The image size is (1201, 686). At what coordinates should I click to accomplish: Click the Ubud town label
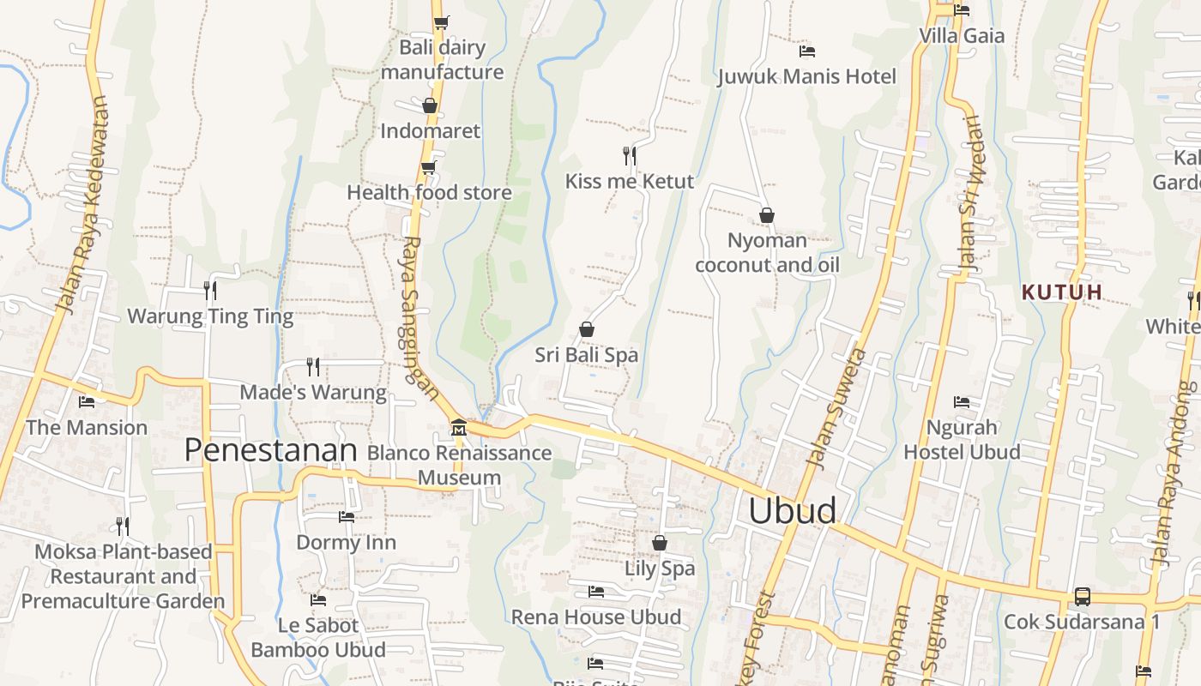[x=792, y=510]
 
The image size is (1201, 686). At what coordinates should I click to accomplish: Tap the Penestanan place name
[x=270, y=449]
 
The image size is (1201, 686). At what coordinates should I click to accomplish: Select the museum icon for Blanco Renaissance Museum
[x=459, y=427]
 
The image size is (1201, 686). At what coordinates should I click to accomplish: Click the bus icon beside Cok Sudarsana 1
[x=1083, y=596]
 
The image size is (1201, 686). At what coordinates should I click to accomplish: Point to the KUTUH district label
[x=1062, y=292]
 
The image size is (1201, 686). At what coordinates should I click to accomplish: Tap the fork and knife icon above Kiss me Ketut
[x=630, y=155]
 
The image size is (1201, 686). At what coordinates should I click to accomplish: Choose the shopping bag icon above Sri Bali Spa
[x=587, y=329]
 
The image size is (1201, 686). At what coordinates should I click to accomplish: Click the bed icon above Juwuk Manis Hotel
[x=806, y=51]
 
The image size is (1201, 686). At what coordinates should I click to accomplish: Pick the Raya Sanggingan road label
[x=420, y=317]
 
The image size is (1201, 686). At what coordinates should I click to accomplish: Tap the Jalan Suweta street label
[x=836, y=407]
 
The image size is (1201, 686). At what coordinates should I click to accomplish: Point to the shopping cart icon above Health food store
[x=429, y=167]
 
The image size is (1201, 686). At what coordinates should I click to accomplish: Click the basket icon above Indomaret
[x=430, y=105]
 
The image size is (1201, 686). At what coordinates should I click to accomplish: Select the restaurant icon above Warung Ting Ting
[x=210, y=291]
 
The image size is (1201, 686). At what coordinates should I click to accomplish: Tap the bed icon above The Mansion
[x=87, y=401]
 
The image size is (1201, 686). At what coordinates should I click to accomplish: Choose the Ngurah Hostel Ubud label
[x=962, y=439]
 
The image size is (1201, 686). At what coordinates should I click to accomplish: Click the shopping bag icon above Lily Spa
[x=660, y=543]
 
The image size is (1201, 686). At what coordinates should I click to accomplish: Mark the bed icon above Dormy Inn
[x=347, y=517]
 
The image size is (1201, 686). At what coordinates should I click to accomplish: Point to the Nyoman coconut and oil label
[x=767, y=252]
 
